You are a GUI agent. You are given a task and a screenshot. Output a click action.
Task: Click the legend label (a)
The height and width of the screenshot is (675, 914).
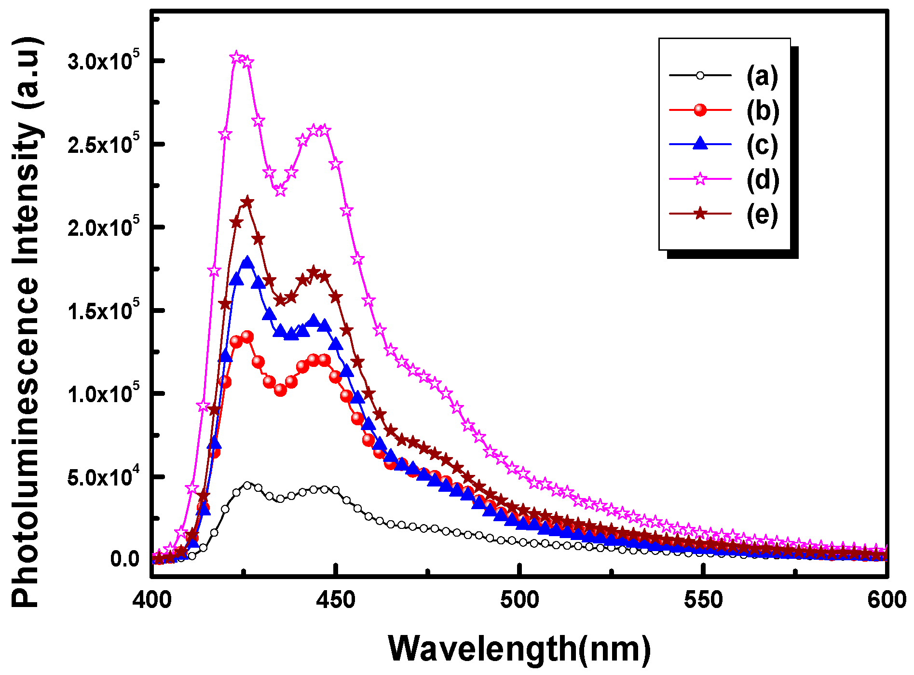(x=762, y=76)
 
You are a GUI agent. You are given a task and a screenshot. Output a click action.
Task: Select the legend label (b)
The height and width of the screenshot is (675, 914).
(x=762, y=110)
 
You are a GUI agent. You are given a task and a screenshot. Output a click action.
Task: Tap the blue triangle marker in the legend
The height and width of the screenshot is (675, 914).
(x=700, y=144)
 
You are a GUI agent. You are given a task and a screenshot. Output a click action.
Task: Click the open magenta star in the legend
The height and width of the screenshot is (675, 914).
(x=700, y=179)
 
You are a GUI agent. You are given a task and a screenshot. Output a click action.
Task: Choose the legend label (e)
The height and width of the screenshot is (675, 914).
(x=762, y=215)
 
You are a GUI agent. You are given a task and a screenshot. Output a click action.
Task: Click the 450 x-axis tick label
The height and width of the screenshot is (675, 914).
(x=336, y=600)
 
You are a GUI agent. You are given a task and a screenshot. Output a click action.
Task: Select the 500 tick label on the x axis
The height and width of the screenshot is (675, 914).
(x=519, y=600)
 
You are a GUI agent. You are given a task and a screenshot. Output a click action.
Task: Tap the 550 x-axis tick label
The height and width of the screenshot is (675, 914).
(x=703, y=600)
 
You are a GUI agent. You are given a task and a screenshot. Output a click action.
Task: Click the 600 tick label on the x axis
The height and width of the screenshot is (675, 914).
(x=887, y=600)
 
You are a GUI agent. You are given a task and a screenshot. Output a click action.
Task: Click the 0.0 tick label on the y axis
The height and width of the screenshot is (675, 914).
(x=124, y=559)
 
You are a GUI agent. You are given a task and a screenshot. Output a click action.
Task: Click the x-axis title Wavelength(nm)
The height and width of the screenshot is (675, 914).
(x=519, y=648)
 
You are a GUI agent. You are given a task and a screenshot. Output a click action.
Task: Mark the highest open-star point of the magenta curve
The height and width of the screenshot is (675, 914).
(x=236, y=57)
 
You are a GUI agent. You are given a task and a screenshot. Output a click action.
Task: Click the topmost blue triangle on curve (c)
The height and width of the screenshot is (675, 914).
(x=247, y=263)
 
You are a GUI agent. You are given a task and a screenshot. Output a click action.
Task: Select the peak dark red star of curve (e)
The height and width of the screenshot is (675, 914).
(x=247, y=202)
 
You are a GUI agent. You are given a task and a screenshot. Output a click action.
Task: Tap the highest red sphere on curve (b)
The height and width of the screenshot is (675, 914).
(x=247, y=337)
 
